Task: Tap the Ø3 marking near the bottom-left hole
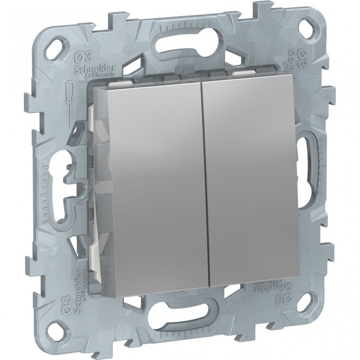coord(79,311)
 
